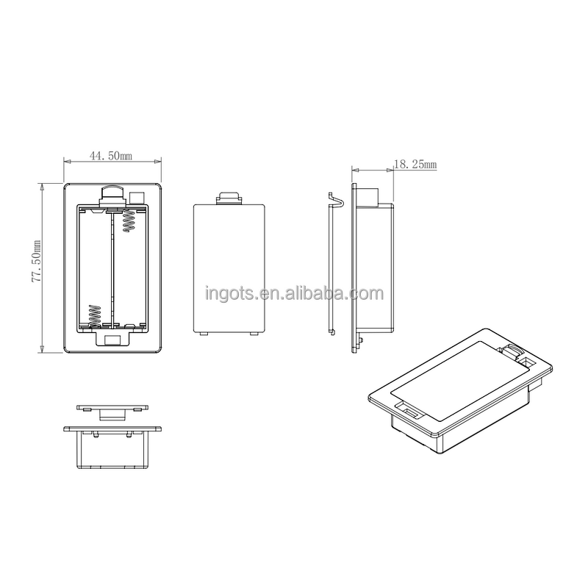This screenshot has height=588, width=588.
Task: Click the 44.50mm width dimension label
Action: [x=110, y=156]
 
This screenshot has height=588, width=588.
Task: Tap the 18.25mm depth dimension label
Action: [x=415, y=165]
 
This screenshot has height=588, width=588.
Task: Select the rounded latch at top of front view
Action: [x=112, y=193]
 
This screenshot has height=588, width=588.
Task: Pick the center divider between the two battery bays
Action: [x=112, y=268]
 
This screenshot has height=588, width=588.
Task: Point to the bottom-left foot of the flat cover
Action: [x=204, y=334]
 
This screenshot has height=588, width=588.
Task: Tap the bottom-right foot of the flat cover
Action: [x=254, y=334]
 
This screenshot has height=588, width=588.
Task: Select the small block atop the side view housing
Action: [x=367, y=195]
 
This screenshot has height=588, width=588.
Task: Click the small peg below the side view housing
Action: [x=363, y=340]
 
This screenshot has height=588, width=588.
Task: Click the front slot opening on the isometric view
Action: [x=408, y=411]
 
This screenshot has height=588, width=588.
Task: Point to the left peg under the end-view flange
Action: [x=96, y=435]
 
